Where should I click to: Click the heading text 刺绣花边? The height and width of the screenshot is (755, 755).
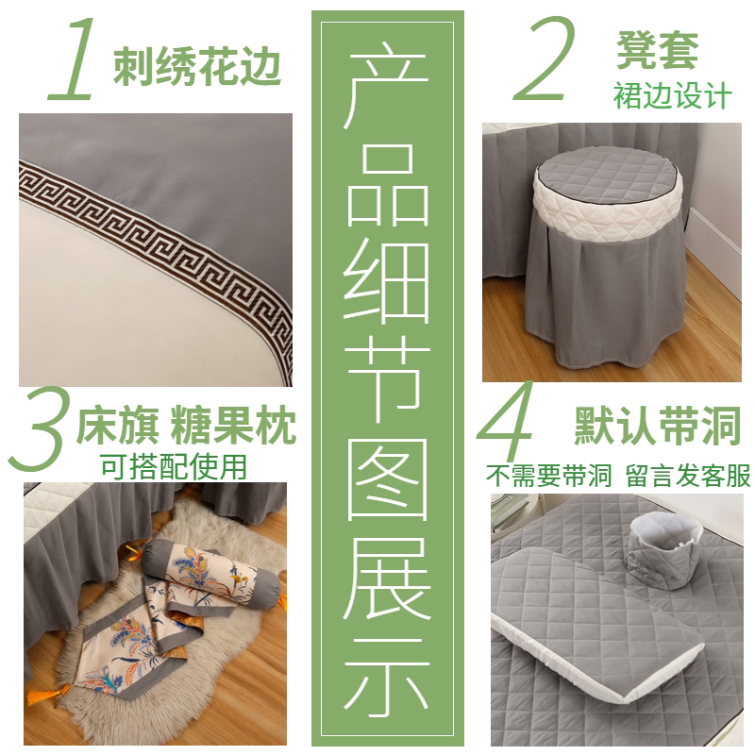click(197, 66)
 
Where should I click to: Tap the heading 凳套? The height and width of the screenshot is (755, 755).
click(657, 50)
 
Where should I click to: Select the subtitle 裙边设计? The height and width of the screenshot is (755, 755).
click(672, 95)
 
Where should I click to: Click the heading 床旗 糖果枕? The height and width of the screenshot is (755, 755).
click(186, 426)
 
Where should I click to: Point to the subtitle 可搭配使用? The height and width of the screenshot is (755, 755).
click(174, 466)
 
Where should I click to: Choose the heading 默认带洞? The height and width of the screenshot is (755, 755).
click(658, 426)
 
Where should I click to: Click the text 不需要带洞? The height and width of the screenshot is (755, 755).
click(548, 476)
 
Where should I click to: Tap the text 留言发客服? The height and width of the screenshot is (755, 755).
click(689, 476)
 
